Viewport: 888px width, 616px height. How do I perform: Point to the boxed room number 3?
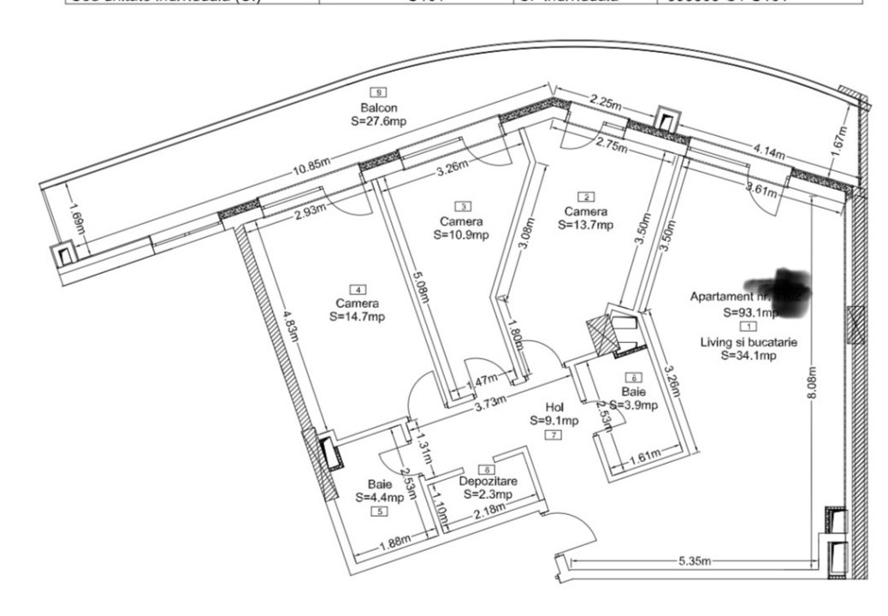[x=464, y=206]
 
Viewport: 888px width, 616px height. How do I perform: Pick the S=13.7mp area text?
[x=585, y=225]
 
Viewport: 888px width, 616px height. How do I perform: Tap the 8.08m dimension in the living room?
[x=811, y=386]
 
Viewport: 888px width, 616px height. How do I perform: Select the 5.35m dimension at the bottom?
[x=695, y=562]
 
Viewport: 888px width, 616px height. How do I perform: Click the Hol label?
[x=555, y=408]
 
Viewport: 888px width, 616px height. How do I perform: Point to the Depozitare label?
[x=488, y=482]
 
